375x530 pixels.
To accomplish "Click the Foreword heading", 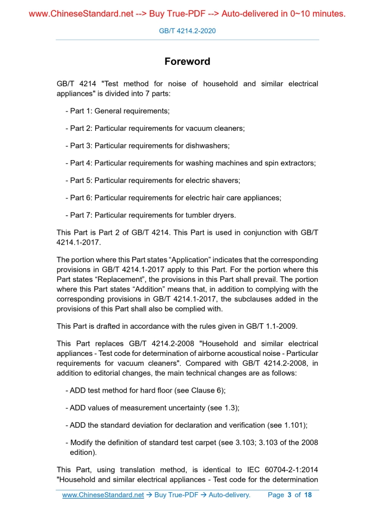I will coord(187,62).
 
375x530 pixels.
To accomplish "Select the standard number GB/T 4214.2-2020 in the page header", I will coord(187,31).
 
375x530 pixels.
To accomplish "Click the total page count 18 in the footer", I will coord(308,495).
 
